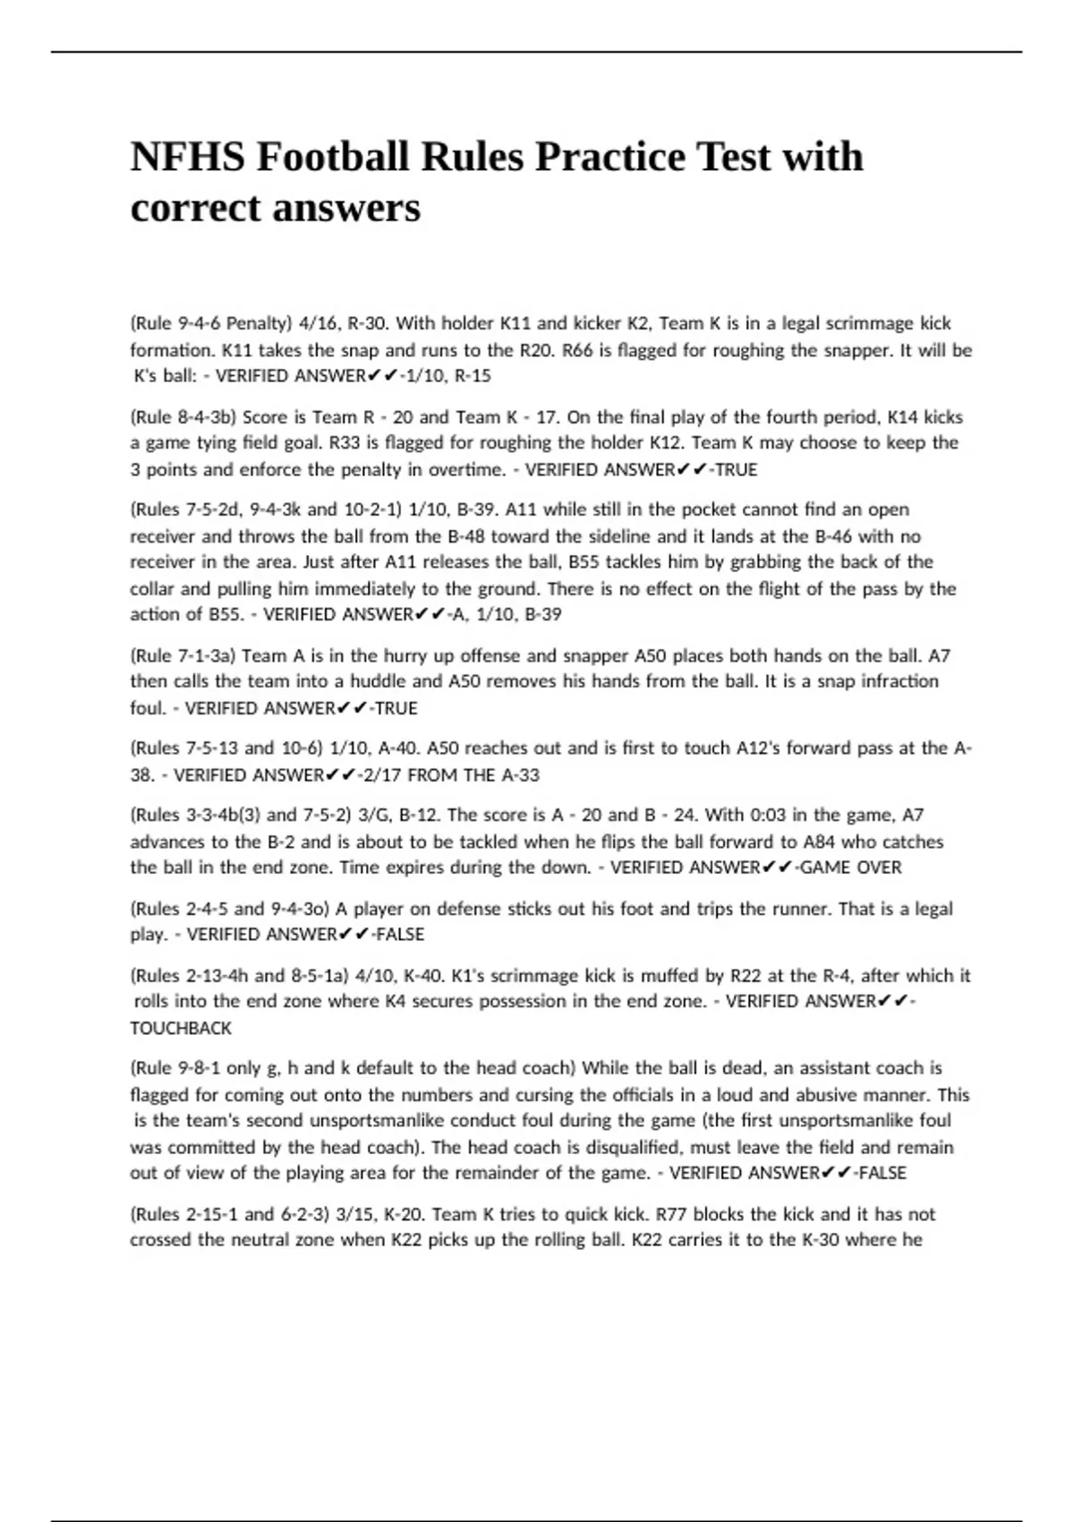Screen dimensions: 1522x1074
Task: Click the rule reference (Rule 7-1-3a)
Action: (183, 655)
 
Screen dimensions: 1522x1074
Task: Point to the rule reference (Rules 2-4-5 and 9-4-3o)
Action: (230, 909)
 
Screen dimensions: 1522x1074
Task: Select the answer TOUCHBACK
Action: (181, 1029)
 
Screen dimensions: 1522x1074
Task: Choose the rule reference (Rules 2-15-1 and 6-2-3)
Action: (230, 1215)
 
